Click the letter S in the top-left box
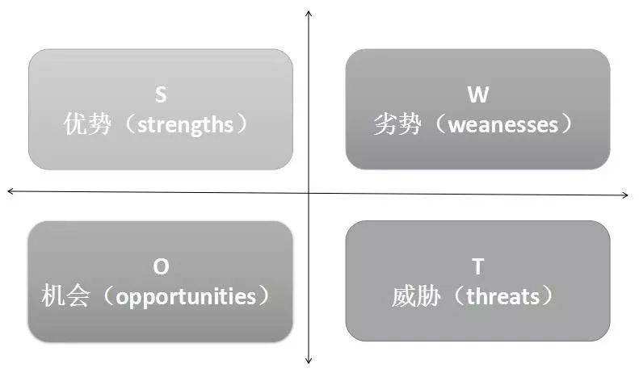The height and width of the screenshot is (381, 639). coord(161,95)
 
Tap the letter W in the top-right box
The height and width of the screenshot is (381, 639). coord(478,95)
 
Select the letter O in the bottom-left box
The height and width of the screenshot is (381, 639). coord(161,267)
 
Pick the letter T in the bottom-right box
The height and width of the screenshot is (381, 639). coord(477,267)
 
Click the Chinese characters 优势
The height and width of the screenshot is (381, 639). coord(87,125)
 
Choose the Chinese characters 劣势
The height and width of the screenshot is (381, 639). coord(397,125)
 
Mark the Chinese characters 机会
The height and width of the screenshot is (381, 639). coord(66,297)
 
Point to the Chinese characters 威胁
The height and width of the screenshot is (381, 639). coord(415,297)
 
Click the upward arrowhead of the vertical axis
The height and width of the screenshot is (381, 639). coord(309,14)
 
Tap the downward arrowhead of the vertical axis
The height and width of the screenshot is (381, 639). coord(309,360)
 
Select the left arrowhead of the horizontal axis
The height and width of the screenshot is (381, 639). coord(11,190)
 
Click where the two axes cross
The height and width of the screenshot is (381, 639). coord(309,193)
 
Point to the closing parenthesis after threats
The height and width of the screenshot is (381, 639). coord(550,297)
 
